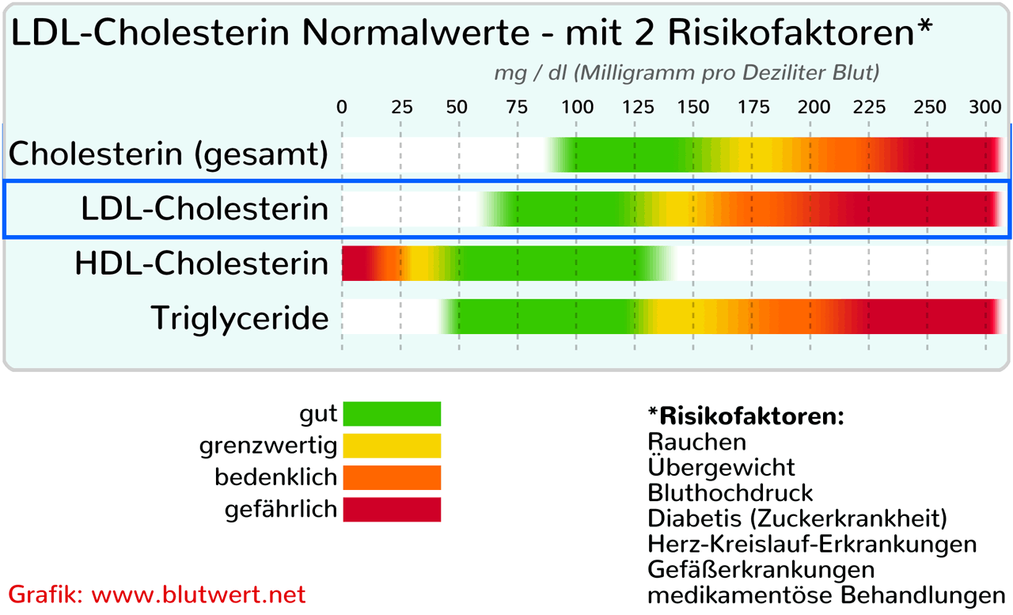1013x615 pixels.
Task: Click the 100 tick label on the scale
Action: click(577, 108)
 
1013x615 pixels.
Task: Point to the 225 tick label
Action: click(869, 108)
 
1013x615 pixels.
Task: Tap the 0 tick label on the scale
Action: click(342, 108)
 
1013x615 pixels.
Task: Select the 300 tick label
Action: click(985, 108)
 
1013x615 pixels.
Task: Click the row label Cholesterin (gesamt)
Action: click(169, 154)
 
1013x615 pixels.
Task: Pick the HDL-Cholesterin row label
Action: click(202, 264)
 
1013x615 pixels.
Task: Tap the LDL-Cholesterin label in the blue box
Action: click(205, 209)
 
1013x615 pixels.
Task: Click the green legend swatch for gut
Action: click(392, 414)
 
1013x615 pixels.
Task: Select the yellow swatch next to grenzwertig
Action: click(392, 446)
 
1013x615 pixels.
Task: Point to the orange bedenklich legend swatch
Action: click(392, 477)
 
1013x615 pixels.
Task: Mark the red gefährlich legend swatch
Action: click(392, 510)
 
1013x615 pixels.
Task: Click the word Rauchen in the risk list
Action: click(697, 442)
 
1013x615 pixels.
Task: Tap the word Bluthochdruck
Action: click(730, 493)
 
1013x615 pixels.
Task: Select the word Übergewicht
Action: click(721, 466)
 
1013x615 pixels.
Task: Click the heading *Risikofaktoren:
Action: click(746, 416)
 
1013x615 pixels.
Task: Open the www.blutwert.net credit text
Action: click(199, 594)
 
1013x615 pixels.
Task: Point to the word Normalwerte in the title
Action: click(415, 32)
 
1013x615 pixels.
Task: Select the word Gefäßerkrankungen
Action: click(761, 570)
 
